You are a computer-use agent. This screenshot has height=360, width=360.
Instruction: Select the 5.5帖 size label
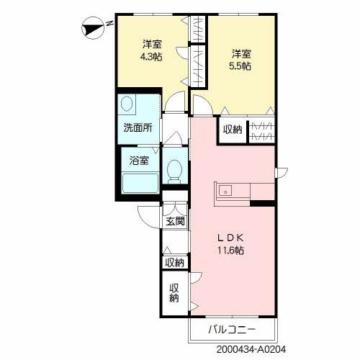[240, 65]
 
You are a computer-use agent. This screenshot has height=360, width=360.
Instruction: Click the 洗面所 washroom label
[137, 129]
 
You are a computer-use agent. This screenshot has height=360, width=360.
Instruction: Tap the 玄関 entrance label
[175, 221]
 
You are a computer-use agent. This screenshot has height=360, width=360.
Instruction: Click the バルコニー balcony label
[232, 330]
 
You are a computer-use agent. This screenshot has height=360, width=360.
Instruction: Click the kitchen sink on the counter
[225, 192]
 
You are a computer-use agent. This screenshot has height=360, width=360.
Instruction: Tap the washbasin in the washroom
[127, 105]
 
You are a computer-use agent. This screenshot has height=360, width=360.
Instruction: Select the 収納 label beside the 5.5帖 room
[232, 130]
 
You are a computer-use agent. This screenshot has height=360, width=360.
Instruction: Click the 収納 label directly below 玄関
[174, 263]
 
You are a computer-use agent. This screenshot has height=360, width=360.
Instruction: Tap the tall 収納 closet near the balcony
[174, 294]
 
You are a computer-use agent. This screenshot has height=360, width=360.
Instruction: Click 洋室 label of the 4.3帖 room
[150, 42]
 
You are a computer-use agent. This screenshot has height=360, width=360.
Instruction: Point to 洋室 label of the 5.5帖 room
[240, 53]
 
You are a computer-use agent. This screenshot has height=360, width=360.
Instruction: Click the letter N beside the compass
[109, 23]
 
